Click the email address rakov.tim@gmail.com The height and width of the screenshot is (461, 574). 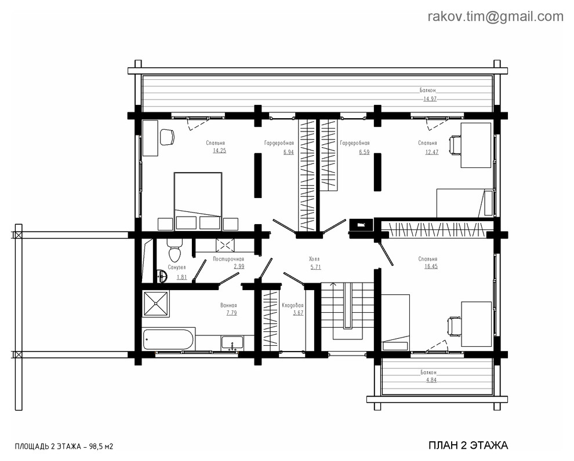point(495,17)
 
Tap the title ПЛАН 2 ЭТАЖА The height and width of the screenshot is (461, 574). point(468,445)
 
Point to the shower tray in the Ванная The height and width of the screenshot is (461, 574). point(156,303)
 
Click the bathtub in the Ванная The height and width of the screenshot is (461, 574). point(168,339)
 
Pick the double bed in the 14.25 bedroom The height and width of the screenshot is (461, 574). point(198,195)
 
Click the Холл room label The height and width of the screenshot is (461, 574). point(315,259)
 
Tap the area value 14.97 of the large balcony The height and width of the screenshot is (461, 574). point(430,99)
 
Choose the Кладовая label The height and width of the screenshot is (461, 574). point(293,305)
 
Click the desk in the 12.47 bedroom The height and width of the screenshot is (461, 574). point(475,145)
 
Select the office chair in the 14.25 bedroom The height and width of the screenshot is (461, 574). point(166,137)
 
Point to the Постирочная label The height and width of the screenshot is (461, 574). point(228,259)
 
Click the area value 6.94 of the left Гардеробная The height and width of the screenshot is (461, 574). point(288,152)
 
